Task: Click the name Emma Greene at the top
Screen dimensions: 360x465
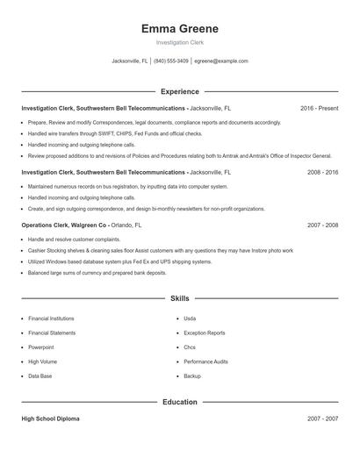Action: click(180, 28)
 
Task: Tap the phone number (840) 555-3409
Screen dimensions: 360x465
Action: click(171, 61)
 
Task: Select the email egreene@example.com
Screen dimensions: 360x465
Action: click(221, 61)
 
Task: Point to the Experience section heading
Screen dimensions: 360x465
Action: click(180, 91)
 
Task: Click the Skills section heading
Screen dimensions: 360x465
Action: click(180, 298)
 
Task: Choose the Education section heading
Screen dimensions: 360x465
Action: click(180, 402)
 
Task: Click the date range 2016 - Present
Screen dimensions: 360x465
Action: click(319, 108)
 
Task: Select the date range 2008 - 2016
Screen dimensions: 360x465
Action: click(322, 173)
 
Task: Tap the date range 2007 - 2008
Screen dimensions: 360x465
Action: click(322, 225)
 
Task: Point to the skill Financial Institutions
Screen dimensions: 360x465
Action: click(51, 318)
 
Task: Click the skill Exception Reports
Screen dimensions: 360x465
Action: click(204, 333)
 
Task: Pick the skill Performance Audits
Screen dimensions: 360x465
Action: click(205, 361)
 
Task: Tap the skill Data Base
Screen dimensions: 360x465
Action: click(40, 376)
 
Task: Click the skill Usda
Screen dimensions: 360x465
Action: click(190, 318)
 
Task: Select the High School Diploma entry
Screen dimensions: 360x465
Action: click(50, 419)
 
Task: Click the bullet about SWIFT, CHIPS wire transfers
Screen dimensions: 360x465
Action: click(114, 134)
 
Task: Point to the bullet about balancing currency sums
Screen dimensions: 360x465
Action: click(97, 273)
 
